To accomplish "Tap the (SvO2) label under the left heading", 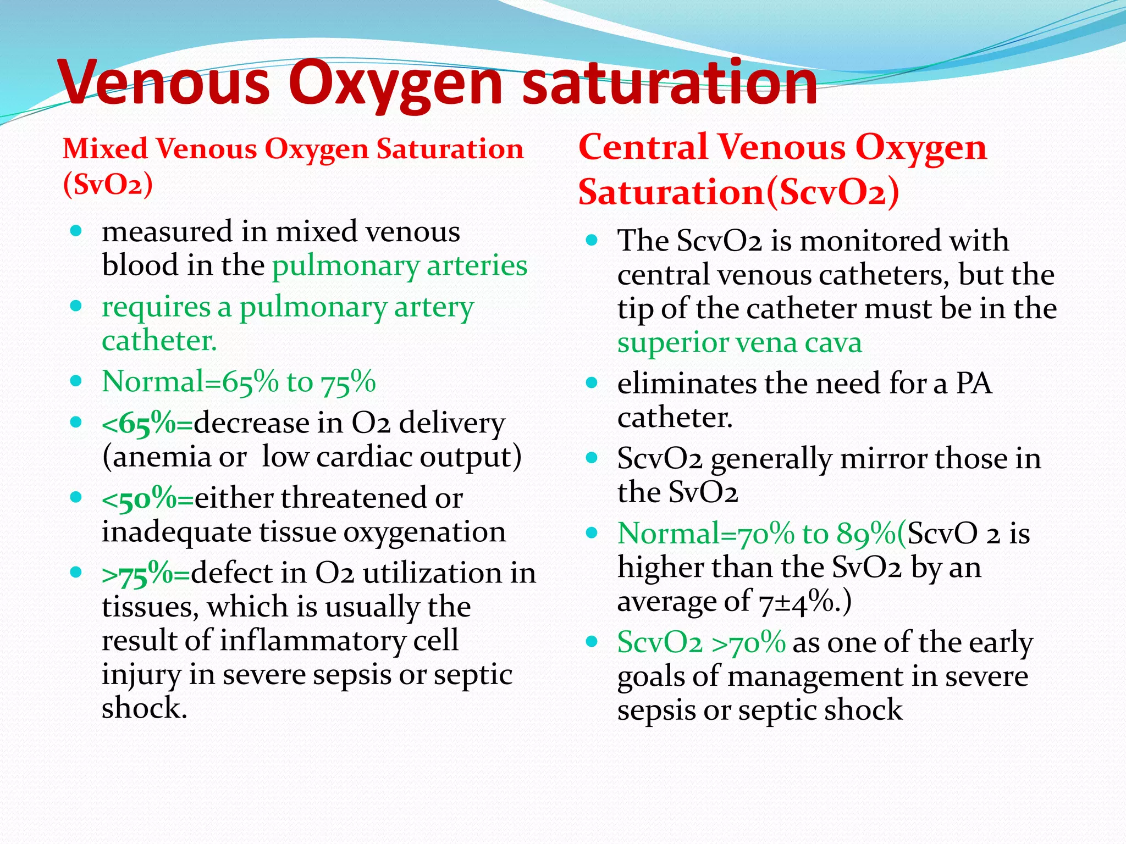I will pos(108,184).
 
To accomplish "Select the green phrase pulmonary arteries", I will pos(400,266).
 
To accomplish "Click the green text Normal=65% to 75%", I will pos(239,381).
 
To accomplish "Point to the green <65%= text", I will pos(147,424).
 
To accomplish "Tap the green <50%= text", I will pos(147,499).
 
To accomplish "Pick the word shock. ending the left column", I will pos(145,708).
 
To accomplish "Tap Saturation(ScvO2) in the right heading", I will pos(738,192).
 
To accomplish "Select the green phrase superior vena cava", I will pos(739,343).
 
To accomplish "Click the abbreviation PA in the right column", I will pos(974,383).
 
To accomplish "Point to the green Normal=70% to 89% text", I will pos(757,534).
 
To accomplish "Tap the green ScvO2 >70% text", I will pos(701,642).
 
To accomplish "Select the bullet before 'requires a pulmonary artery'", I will pos(76,306).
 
